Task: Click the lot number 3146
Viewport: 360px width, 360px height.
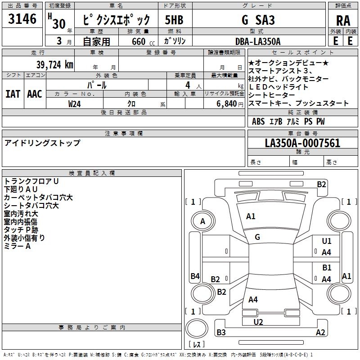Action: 22,19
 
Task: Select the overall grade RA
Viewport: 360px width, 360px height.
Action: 343,21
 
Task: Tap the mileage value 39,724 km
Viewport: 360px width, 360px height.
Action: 54,65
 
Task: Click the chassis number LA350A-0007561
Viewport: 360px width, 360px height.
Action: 302,143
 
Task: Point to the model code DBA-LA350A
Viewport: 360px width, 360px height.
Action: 258,41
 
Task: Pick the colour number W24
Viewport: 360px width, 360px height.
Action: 74,104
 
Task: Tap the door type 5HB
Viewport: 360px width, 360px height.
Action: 174,20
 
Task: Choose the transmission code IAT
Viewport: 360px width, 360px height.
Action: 13,94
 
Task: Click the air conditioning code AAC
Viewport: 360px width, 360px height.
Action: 35,94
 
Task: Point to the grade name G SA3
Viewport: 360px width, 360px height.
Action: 258,20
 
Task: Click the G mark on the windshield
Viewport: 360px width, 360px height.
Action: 257,237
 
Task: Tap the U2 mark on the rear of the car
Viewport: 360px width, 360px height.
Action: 258,322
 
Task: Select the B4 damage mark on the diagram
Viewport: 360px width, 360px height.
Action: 195,276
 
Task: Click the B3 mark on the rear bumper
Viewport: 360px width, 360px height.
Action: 221,332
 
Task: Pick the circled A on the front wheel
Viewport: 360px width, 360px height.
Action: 202,221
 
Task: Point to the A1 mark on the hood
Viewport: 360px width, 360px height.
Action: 251,216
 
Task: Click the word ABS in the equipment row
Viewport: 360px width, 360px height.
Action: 258,121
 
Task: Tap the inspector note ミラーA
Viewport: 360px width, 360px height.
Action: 17,246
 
